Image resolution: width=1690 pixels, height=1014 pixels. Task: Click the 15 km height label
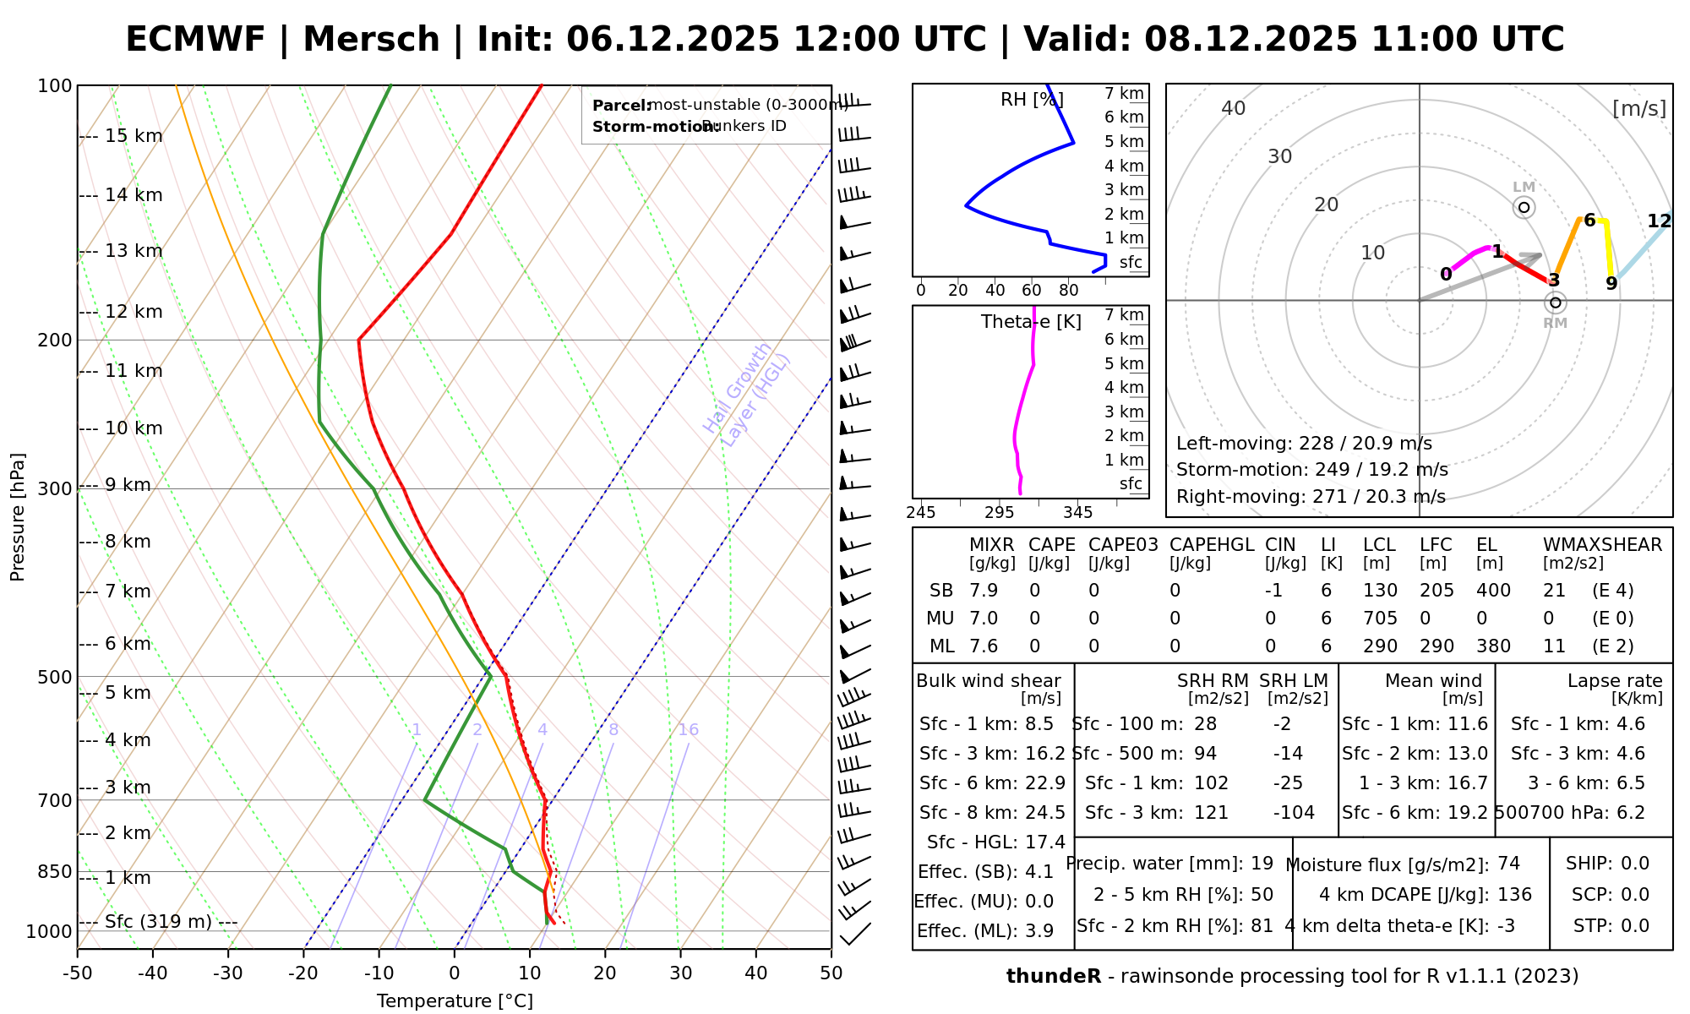coord(134,136)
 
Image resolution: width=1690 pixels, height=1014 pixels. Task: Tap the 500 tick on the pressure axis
coord(56,677)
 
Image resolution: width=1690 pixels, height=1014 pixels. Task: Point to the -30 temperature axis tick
coord(228,973)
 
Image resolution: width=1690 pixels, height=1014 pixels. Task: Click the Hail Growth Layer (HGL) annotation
coord(747,395)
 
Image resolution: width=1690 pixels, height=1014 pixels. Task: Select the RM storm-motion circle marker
coord(1555,303)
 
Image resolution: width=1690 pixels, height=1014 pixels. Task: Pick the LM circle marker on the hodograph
coord(1524,207)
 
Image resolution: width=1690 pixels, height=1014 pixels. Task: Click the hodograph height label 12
coord(1659,221)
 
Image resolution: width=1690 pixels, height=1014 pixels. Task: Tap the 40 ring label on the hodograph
coord(1234,108)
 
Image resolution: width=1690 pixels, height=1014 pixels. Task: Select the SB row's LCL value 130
coord(1380,591)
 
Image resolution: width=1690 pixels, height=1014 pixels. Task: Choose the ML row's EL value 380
coord(1493,646)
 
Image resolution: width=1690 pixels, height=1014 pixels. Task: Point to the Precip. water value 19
coord(1262,864)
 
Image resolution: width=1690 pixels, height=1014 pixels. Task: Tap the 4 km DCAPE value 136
coord(1514,895)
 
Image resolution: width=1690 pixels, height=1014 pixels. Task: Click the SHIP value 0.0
coord(1635,864)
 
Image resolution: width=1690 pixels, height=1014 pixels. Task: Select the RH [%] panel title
coord(1032,100)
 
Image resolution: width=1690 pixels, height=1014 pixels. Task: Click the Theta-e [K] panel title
coord(1031,322)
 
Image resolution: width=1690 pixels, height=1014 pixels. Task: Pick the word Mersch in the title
coord(371,40)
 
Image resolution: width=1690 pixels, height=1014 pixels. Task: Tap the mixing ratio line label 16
coord(688,730)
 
